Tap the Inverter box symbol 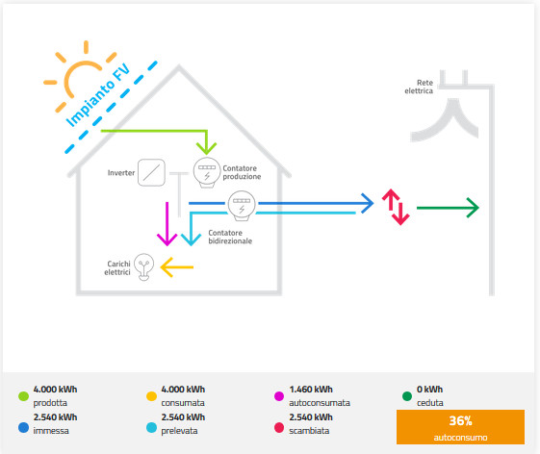coord(151,172)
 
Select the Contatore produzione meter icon coord(207,172)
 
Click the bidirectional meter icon coord(242,206)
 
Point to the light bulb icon coord(143,266)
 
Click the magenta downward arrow coord(167,224)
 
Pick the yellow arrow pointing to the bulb coord(177,267)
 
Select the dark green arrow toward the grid coord(448,208)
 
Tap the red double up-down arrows coord(396,207)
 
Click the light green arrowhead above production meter coord(206,148)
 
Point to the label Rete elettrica coord(419,87)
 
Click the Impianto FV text coord(98,95)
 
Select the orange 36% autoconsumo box coord(460,427)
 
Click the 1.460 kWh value coord(311,390)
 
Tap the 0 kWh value coord(430,390)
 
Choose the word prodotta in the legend coord(50,403)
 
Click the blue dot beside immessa coord(23,427)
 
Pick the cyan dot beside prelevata coord(151,427)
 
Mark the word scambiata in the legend coord(309,431)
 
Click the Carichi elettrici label coord(117,267)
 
